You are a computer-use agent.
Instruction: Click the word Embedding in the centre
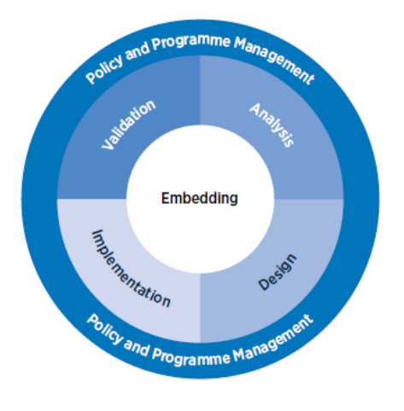tap(200, 199)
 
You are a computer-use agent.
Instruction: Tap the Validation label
tap(129, 124)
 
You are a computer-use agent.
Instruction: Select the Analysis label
tap(272, 124)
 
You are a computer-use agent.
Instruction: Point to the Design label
tap(278, 272)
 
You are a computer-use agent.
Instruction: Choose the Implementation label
tap(131, 269)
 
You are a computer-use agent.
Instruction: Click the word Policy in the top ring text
tap(105, 69)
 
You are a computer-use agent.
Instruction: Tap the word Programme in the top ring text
tap(190, 43)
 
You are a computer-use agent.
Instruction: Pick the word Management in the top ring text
tap(274, 61)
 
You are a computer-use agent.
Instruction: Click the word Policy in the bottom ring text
tap(105, 329)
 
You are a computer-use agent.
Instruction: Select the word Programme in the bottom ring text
tap(190, 357)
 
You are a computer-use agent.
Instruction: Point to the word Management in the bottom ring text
tap(273, 339)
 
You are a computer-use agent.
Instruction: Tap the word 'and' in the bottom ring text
tap(137, 348)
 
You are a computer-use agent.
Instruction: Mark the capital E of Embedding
tap(166, 198)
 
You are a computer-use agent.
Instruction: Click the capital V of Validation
tap(108, 143)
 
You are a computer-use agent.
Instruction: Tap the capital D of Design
tap(263, 284)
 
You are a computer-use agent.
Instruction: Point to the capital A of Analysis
tap(255, 109)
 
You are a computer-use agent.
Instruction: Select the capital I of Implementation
tap(97, 233)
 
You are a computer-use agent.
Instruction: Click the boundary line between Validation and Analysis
tap(200, 90)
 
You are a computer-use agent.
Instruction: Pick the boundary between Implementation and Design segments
tap(200, 308)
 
